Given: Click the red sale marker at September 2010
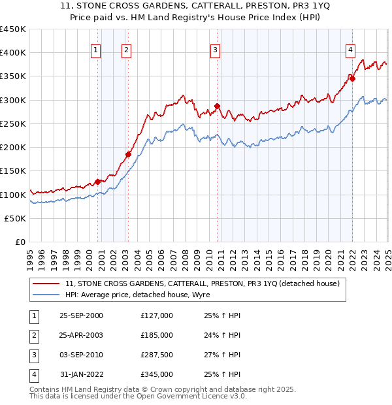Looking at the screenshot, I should (x=218, y=106).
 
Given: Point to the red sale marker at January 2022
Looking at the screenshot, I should (x=352, y=78).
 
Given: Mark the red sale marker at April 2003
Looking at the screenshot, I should (x=129, y=154).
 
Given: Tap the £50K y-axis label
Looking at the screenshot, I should (x=16, y=218).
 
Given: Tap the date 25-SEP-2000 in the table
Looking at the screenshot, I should (x=81, y=316).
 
